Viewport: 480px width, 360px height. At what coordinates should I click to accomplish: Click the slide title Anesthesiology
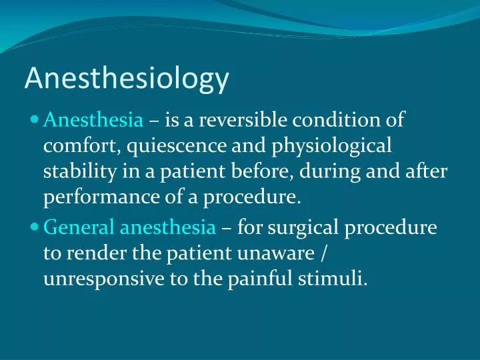[127, 79]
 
